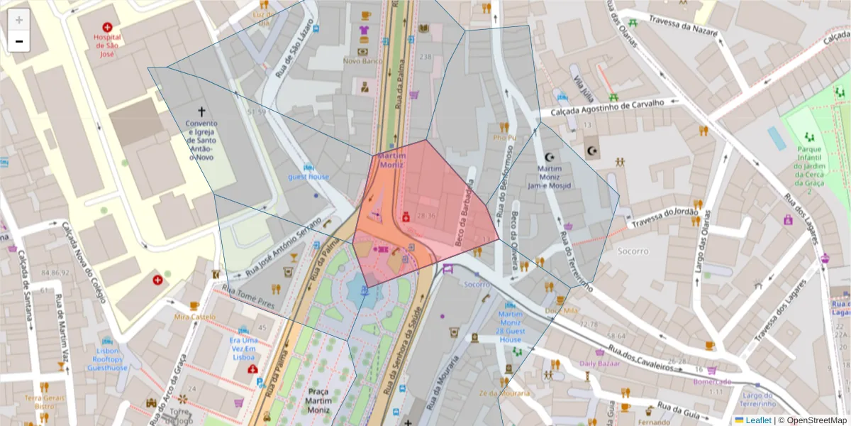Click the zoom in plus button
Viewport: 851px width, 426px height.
click(19, 20)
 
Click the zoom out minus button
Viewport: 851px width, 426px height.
click(19, 41)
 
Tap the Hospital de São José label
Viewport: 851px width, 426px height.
click(107, 45)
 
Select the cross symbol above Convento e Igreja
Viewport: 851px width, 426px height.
click(201, 111)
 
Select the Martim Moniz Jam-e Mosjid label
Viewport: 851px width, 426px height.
click(550, 177)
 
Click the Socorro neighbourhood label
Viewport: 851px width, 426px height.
click(633, 251)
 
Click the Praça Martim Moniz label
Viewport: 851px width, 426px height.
click(318, 400)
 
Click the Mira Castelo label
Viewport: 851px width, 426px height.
click(194, 317)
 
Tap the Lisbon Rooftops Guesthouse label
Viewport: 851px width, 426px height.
click(103, 359)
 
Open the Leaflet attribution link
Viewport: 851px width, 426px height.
click(757, 420)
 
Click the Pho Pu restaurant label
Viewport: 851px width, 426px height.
click(504, 138)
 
